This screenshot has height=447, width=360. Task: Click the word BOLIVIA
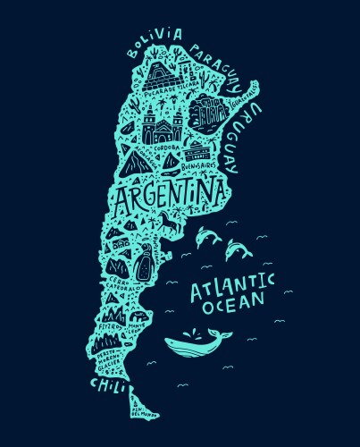(x=154, y=41)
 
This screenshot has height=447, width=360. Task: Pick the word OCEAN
(x=233, y=307)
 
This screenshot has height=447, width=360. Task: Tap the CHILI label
(x=106, y=384)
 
